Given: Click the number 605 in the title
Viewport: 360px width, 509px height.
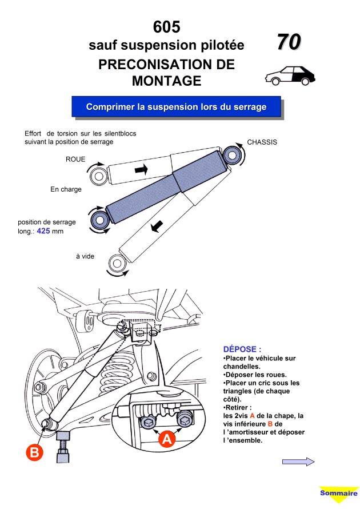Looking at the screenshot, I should point(166,27).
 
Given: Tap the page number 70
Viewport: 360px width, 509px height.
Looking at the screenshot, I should point(289,42).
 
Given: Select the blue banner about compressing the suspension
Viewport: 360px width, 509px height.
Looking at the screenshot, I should point(177,107).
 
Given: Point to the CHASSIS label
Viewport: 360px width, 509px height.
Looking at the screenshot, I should point(262,142).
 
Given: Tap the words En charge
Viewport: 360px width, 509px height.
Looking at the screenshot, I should point(66,189).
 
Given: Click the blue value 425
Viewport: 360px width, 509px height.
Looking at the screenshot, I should point(43,232).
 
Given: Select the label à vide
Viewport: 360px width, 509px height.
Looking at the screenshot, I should point(85,256).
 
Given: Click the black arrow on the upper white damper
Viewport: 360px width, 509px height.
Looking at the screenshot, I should point(141,169).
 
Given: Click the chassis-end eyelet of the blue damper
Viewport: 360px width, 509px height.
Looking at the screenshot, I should point(232,154).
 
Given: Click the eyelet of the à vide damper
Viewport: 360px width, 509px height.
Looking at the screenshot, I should point(118,264).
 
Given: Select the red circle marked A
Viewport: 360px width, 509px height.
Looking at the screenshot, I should point(166,439).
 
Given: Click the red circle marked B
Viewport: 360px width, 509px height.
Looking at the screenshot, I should point(34,453).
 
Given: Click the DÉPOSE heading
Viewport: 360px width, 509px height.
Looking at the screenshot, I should point(242,348).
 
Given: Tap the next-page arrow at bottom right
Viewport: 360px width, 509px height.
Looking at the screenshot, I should point(298,462).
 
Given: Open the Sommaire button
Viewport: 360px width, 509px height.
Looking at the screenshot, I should point(338,494).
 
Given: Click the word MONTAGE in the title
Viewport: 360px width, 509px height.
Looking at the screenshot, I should point(166,81).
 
